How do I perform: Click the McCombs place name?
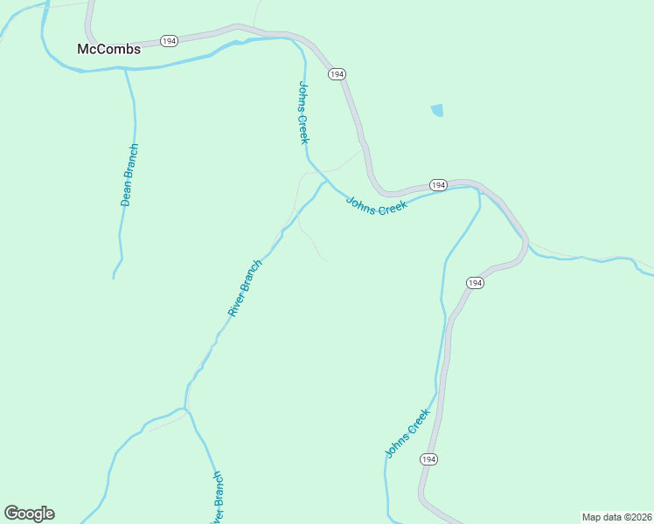[109, 49]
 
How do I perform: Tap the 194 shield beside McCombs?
[170, 41]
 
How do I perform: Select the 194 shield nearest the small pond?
[438, 185]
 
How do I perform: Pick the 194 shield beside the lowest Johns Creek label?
[428, 459]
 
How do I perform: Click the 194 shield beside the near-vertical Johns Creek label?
[337, 75]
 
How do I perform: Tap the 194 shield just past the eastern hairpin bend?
[475, 283]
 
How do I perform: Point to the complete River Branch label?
[245, 287]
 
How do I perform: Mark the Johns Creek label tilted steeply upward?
[407, 433]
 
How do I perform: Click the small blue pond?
[437, 110]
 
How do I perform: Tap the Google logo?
[29, 514]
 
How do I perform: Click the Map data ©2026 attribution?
[616, 517]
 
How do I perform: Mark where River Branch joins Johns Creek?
[325, 182]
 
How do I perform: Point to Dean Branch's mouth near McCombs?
[126, 69]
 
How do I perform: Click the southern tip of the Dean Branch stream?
[114, 278]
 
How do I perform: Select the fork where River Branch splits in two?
[184, 408]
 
